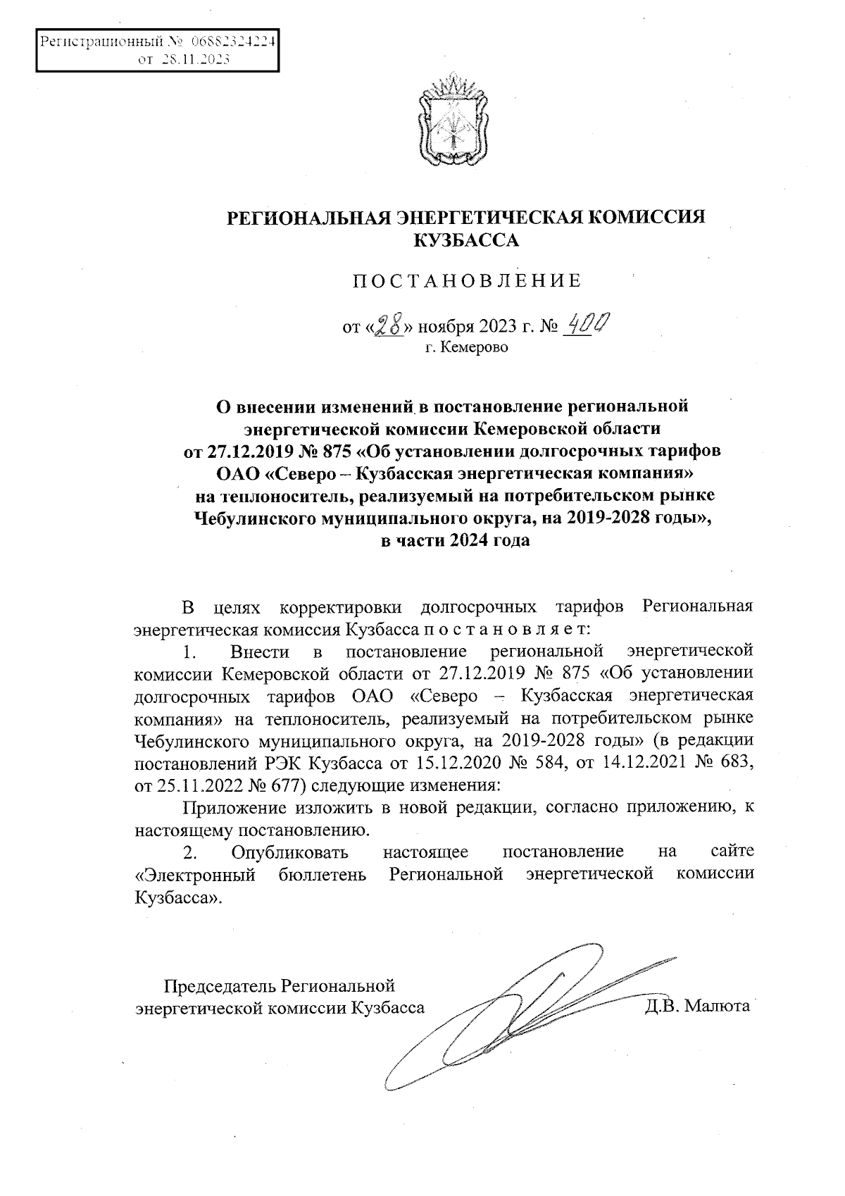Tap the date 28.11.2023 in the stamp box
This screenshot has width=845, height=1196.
pos(194,60)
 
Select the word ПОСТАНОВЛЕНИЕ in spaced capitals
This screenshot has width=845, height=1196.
pos(467,282)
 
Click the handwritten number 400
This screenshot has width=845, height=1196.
pos(588,324)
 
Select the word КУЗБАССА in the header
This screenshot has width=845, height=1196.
pos(465,241)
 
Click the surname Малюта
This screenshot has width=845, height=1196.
pos(716,1007)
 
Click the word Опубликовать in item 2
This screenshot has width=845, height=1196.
pos(289,852)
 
